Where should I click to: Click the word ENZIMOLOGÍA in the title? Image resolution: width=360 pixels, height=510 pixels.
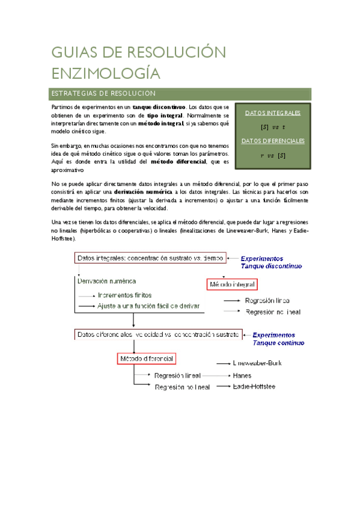106,74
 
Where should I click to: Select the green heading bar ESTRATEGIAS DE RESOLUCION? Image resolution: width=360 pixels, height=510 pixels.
180,94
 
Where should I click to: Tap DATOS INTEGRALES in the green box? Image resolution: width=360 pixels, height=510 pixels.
273,112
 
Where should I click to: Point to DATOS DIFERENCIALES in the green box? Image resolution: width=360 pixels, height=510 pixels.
273,141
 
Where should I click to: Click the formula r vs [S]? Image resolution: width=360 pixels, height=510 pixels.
273,155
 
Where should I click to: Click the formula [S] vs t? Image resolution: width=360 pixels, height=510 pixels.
273,127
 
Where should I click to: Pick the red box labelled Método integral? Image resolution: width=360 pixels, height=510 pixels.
231,284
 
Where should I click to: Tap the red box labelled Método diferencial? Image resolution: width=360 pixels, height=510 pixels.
147,359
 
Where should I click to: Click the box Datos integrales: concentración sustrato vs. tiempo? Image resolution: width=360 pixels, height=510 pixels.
150,258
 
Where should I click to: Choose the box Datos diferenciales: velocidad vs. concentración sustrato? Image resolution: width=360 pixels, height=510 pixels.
158,334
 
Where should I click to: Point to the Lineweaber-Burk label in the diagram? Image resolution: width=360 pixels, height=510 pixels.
257,363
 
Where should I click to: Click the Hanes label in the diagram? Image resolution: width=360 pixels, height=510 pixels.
242,375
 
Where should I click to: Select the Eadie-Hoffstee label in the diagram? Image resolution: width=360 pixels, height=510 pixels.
254,386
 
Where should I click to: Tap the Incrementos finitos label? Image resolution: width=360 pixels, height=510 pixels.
124,295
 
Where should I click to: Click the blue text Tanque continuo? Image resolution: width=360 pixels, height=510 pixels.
278,343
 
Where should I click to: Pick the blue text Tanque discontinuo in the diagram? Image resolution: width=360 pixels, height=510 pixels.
271,265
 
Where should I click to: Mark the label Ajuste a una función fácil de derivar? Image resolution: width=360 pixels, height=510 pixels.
148,306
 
